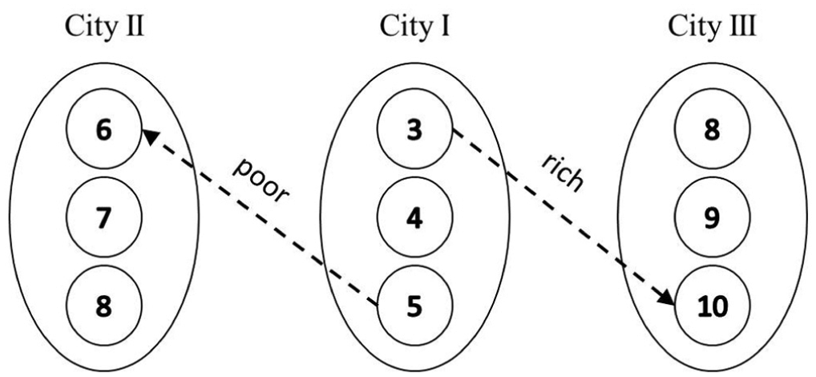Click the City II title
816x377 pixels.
click(x=103, y=27)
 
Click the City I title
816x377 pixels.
click(x=414, y=27)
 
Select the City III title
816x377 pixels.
click(x=712, y=27)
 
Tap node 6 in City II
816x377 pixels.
click(x=103, y=129)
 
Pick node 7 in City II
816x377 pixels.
click(x=103, y=217)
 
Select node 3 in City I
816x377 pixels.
click(x=414, y=129)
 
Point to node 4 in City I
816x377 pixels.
click(x=414, y=217)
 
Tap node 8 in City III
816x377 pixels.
click(x=712, y=129)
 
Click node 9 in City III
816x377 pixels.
click(x=712, y=217)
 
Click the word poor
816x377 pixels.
click(x=260, y=180)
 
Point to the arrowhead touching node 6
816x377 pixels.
click(x=149, y=136)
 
